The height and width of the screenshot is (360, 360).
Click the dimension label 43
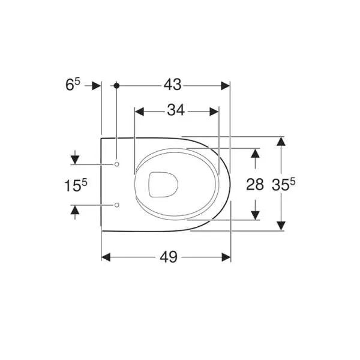click(172, 85)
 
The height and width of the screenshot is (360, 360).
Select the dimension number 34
click(176, 110)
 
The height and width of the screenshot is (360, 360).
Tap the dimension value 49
click(169, 257)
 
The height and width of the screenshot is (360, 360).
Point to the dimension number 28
click(255, 184)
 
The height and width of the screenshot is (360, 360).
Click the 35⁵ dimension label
click(284, 184)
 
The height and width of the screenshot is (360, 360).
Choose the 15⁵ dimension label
click(76, 185)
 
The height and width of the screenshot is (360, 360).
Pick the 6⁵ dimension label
click(73, 85)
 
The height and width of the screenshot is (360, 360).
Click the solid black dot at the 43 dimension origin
click(116, 86)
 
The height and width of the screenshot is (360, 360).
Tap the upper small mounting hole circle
click(117, 164)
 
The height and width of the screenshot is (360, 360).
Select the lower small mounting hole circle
click(117, 205)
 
